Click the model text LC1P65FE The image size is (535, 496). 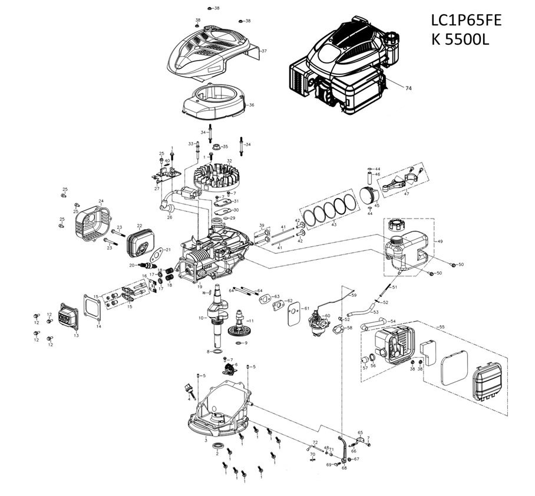coord(466,21)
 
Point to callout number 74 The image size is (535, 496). coord(408,87)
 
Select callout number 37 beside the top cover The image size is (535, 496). coord(264,51)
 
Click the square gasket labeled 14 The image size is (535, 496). coord(92,307)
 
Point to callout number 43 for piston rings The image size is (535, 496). coord(334,225)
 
